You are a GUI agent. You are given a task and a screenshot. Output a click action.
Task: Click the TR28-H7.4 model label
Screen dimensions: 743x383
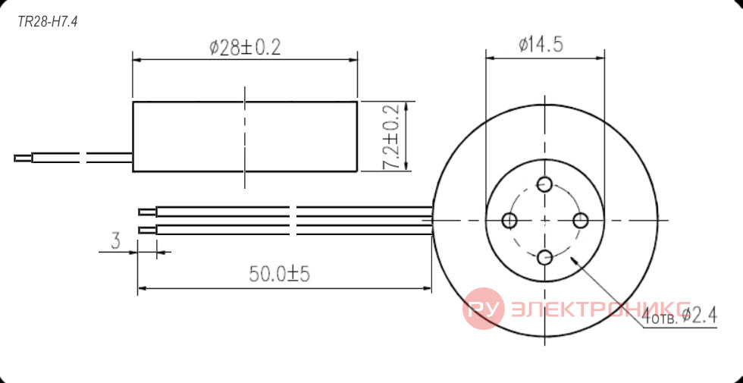[47, 22]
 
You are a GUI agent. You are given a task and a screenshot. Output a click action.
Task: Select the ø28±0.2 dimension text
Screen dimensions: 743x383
[245, 47]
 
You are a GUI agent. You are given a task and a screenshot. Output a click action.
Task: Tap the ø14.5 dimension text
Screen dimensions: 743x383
[541, 45]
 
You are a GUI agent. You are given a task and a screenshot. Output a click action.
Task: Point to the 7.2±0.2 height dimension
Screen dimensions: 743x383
[391, 137]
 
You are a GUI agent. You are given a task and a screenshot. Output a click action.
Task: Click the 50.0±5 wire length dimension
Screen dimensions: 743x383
[279, 274]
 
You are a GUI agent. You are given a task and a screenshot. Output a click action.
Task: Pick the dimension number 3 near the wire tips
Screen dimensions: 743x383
[115, 241]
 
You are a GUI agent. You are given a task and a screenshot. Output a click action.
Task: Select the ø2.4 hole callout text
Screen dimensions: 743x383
[698, 314]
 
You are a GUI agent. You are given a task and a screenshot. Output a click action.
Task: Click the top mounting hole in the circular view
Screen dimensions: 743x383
[545, 184]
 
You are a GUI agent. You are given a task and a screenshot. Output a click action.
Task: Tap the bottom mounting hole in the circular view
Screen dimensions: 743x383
[545, 258]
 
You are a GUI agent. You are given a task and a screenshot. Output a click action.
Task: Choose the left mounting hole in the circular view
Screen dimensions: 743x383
[509, 221]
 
